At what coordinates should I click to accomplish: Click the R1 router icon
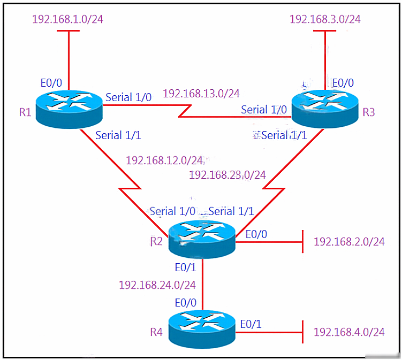69,110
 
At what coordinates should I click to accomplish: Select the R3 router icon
325,109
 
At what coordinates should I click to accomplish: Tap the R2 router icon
202,240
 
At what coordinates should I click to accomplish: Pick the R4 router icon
202,330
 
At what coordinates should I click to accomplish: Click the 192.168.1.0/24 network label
67,19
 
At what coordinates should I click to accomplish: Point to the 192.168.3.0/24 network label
325,19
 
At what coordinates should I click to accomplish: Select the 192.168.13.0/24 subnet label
201,94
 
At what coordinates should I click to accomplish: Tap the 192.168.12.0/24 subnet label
164,160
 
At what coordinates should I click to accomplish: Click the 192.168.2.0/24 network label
349,242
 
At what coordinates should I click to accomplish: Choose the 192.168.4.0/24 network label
349,332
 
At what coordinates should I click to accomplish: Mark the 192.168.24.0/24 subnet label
157,285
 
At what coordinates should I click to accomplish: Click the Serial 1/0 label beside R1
128,97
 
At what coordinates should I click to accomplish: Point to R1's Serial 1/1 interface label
118,135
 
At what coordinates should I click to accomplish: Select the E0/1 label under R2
186,267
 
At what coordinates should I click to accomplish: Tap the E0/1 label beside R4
251,324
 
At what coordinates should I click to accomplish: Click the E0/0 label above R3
343,83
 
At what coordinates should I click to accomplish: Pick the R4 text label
156,332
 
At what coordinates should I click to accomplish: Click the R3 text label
369,112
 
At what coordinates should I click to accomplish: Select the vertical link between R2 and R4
202,285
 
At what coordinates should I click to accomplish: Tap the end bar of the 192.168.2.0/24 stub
303,241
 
